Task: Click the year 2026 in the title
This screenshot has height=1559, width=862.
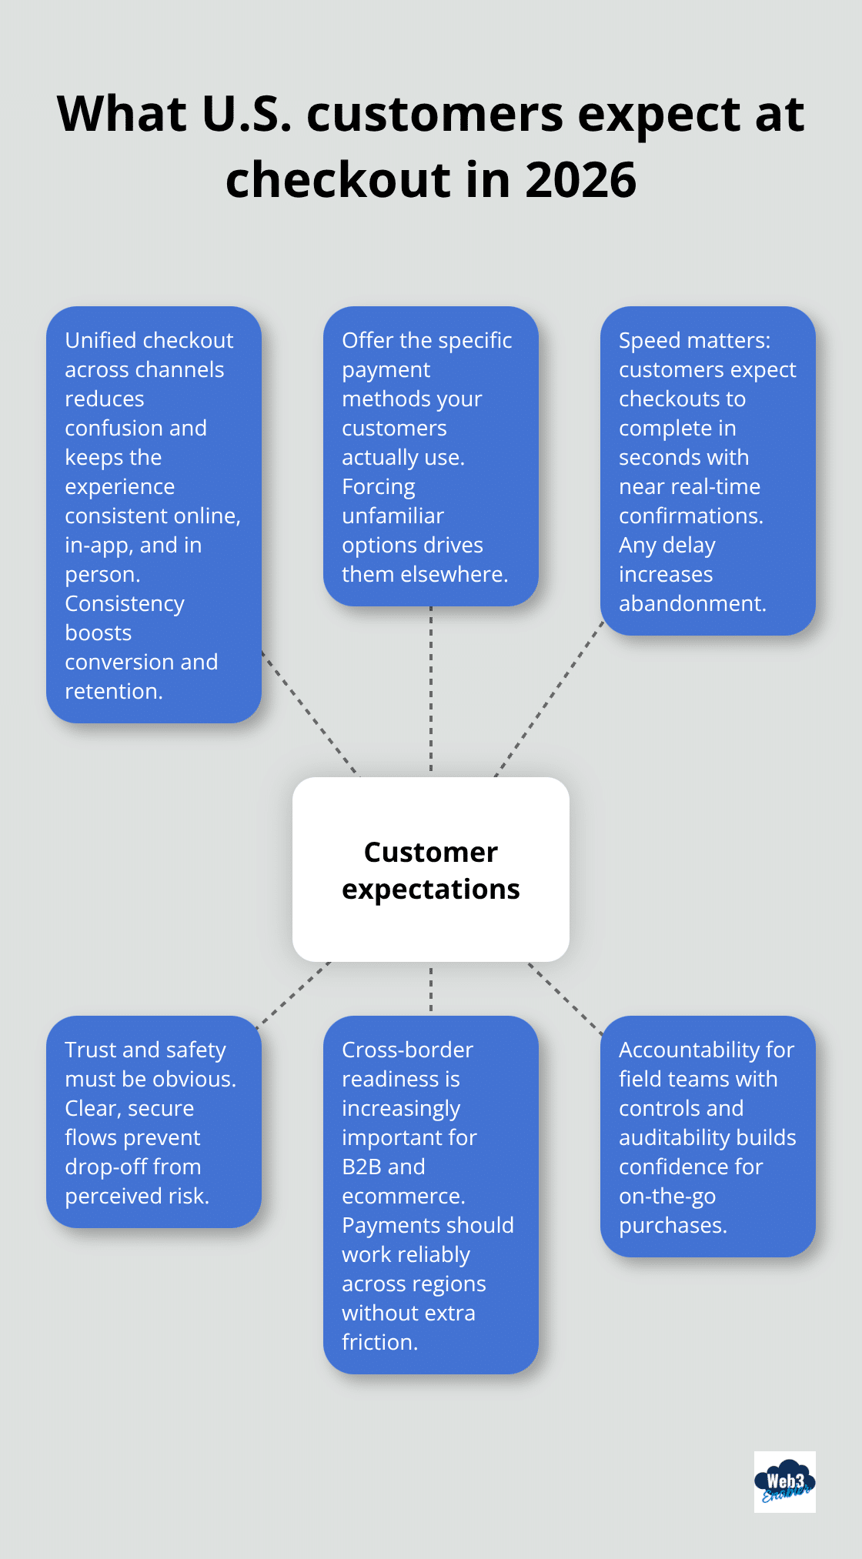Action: [581, 180]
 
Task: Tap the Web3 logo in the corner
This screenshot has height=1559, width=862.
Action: [784, 1482]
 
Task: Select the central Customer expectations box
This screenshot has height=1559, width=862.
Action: [431, 870]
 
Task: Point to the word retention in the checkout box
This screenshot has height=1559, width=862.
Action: [112, 691]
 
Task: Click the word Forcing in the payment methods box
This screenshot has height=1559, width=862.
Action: [378, 486]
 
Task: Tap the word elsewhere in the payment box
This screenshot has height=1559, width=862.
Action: [463, 574]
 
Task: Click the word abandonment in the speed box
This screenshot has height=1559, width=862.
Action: [691, 603]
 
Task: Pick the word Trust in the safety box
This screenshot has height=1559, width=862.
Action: [91, 1050]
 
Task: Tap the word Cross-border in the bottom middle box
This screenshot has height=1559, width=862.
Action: [407, 1050]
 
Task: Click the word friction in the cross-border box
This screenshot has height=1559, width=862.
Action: [379, 1342]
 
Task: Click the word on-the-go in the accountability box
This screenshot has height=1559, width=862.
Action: [667, 1196]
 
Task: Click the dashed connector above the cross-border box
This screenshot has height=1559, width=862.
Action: [431, 990]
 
